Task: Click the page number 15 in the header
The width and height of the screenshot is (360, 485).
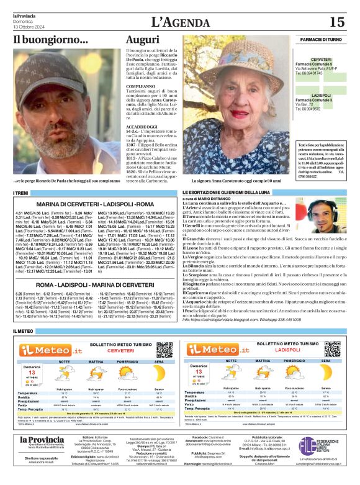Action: tap(336, 22)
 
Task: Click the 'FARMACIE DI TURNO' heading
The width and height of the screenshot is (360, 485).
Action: tap(320, 39)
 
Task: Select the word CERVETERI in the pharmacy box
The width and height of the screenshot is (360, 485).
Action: tap(321, 59)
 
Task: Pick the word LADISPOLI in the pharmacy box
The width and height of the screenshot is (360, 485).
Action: tap(321, 96)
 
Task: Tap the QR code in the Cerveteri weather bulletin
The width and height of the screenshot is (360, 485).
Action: tap(164, 349)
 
